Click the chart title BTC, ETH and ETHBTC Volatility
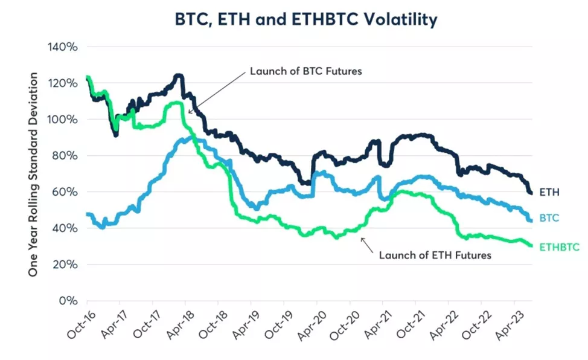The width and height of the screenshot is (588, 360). pos(305,19)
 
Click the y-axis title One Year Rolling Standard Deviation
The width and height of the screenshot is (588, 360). pos(34,175)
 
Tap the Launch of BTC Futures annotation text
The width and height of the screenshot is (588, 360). pos(305,71)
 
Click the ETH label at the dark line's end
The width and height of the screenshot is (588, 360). pos(550,193)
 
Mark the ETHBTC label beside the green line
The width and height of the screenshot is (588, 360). pos(559,246)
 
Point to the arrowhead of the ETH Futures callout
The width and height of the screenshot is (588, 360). pos(362,239)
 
